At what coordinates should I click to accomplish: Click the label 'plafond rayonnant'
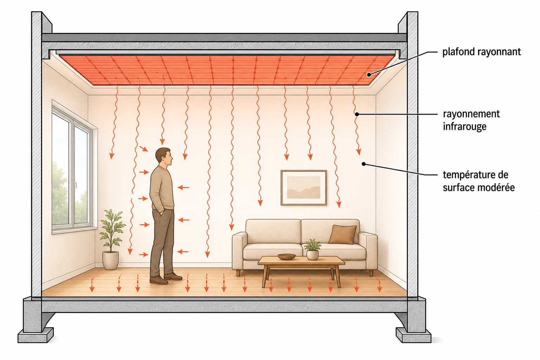click(x=481, y=52)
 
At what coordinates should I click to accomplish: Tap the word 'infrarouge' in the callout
click(x=464, y=126)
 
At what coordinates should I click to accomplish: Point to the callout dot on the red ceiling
click(x=369, y=75)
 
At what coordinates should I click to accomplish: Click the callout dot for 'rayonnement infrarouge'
click(x=357, y=114)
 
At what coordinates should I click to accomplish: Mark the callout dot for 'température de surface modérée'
click(x=364, y=164)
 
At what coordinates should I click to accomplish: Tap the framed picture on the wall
click(x=304, y=188)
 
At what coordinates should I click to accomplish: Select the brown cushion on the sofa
click(x=342, y=234)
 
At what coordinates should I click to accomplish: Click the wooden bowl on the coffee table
click(x=287, y=256)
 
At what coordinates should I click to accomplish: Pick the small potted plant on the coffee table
click(x=313, y=250)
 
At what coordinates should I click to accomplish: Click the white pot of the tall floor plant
click(x=110, y=261)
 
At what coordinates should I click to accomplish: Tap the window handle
click(x=75, y=185)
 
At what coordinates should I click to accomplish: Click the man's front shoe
click(x=173, y=276)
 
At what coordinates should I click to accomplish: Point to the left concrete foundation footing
click(x=36, y=335)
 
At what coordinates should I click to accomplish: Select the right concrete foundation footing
click(x=413, y=335)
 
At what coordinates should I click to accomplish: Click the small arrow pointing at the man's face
click(x=144, y=148)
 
